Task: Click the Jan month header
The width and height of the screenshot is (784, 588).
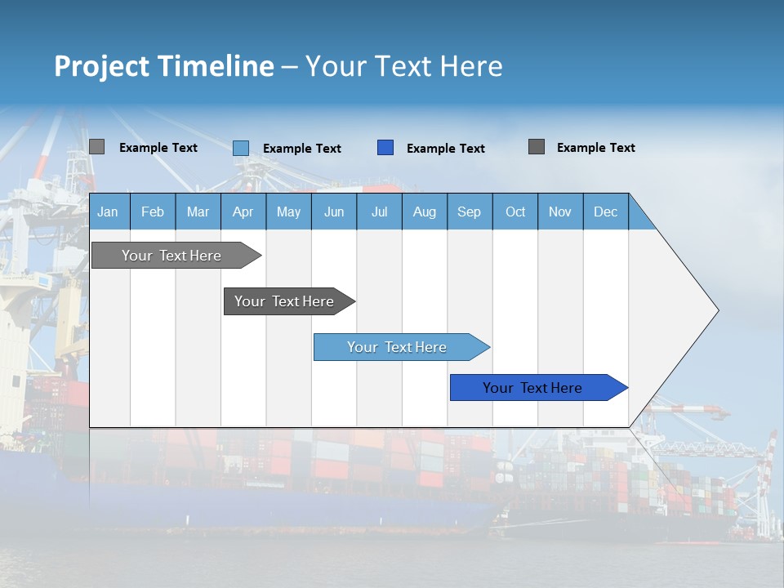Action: coord(108,212)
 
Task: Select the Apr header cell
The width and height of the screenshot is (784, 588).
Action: coord(243,212)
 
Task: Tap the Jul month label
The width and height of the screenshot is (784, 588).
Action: coord(379,212)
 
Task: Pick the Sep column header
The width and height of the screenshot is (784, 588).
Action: coord(469,212)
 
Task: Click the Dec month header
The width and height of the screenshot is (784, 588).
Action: coord(605,212)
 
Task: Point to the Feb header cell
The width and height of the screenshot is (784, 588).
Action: coord(153,212)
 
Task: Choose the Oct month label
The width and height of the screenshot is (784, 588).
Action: coord(515,212)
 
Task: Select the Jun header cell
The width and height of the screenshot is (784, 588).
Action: coord(334,212)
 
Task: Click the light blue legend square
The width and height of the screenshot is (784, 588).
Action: coord(241,148)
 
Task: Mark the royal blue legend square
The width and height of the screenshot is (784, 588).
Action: coord(385,148)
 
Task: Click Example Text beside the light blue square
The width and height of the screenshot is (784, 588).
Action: coord(302,149)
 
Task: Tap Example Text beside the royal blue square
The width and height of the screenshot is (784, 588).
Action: coord(446,149)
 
